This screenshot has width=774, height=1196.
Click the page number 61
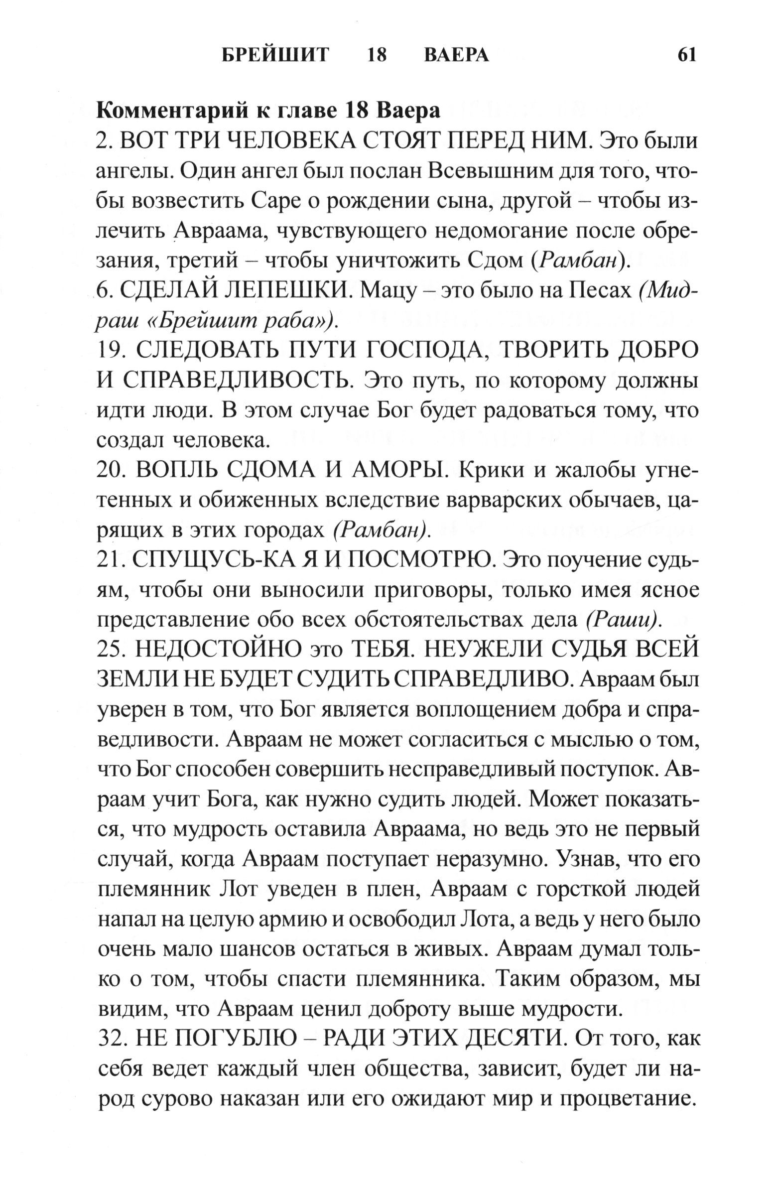[687, 54]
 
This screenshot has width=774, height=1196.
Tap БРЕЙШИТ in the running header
[275, 54]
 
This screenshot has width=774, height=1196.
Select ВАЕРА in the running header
[456, 54]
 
